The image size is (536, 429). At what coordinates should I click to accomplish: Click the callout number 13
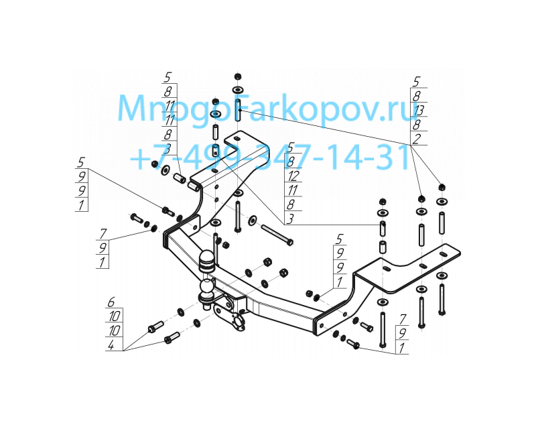(418, 111)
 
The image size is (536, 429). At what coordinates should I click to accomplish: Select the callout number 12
(293, 176)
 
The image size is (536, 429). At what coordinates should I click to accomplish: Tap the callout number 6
(111, 302)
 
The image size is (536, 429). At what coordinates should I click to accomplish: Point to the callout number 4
(111, 345)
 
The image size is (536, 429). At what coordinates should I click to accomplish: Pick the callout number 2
(416, 139)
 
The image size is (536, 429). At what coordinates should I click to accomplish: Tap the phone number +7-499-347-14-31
(270, 157)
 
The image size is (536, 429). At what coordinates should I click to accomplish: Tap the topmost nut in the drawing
(237, 76)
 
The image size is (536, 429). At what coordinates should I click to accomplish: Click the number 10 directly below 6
(114, 316)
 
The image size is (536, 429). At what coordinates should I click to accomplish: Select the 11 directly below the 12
(293, 190)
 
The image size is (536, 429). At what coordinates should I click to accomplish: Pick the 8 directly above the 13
(416, 96)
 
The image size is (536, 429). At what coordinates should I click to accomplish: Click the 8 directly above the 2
(416, 125)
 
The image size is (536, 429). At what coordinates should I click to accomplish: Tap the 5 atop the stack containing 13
(416, 82)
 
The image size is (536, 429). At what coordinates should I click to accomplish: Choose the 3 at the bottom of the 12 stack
(290, 219)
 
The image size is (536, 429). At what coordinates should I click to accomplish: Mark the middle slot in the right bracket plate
(423, 267)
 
